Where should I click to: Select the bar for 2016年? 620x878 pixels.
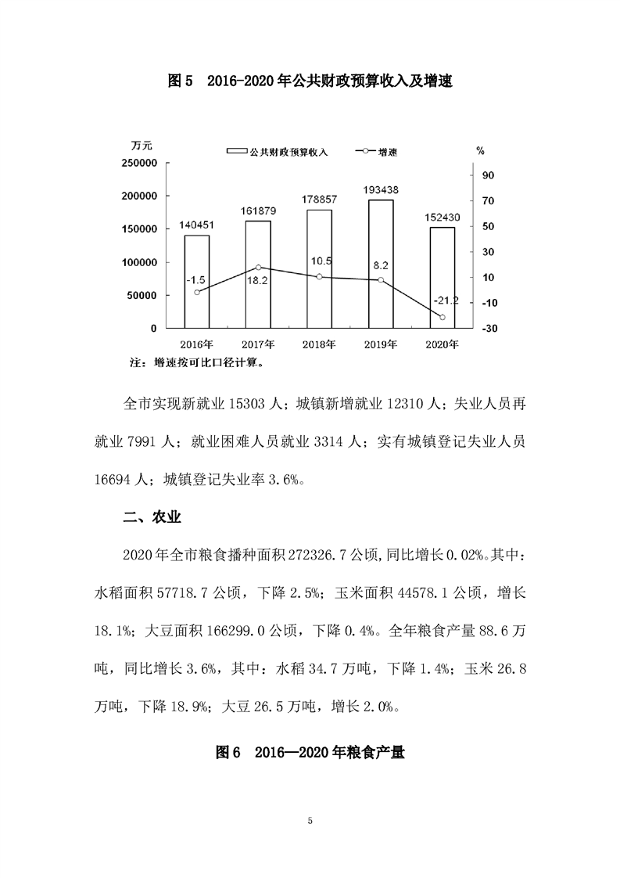(197, 282)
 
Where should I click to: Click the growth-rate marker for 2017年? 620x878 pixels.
(259, 268)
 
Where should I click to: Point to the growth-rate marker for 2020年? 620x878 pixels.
(443, 317)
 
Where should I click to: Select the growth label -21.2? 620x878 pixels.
(443, 300)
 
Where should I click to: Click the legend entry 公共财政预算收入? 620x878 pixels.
(277, 152)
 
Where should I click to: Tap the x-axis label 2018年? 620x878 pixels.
(320, 344)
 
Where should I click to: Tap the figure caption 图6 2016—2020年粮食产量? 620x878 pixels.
(310, 752)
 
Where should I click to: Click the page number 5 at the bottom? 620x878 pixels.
(310, 820)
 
